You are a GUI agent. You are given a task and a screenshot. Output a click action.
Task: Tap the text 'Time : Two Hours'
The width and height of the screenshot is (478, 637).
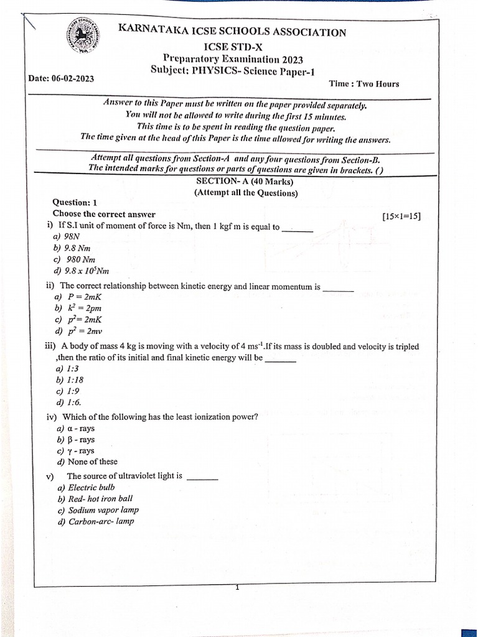[x=363, y=84]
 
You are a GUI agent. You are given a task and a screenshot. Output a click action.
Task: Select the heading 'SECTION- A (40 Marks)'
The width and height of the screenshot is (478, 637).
[x=245, y=182]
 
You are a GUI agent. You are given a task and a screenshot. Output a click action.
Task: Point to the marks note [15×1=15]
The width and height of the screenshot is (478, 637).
[x=401, y=216]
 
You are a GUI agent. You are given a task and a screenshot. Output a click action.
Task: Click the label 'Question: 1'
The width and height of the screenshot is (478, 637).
[x=75, y=202]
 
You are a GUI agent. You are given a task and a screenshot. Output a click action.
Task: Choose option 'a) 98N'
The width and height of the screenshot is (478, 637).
[x=67, y=237]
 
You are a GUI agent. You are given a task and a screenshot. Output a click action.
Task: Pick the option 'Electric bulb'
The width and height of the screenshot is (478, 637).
[x=86, y=488]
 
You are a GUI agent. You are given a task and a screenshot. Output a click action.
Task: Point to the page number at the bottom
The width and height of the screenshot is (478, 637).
[x=237, y=587]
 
